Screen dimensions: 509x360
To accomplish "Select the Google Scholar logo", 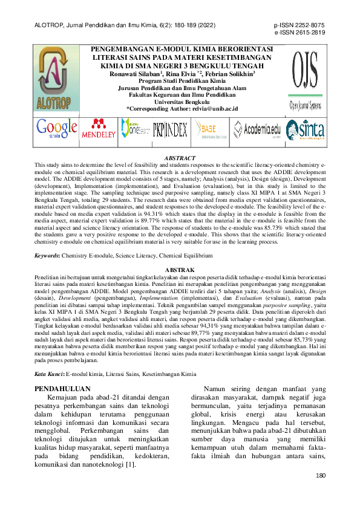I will (56, 129).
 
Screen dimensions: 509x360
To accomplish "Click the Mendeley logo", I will (99, 130).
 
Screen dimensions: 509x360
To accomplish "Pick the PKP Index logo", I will (170, 130).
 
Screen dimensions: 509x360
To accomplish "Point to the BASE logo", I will (206, 130).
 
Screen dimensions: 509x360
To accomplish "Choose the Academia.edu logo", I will (257, 129).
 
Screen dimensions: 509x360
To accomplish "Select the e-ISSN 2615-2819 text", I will (299, 34).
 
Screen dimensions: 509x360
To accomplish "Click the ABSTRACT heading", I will (180, 157).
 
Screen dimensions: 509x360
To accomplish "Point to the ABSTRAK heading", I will (180, 268).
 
